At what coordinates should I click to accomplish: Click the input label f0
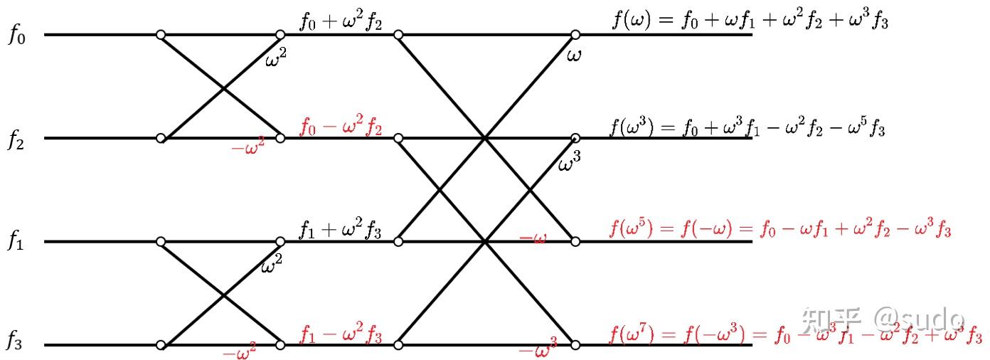point(16,35)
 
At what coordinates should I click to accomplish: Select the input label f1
point(16,242)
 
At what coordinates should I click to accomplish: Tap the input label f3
point(16,342)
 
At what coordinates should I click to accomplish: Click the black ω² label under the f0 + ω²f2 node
point(276,60)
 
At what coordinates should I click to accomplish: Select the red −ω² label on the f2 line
point(248,149)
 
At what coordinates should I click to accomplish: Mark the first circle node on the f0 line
point(161,34)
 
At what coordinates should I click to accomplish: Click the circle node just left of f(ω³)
point(575,137)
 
